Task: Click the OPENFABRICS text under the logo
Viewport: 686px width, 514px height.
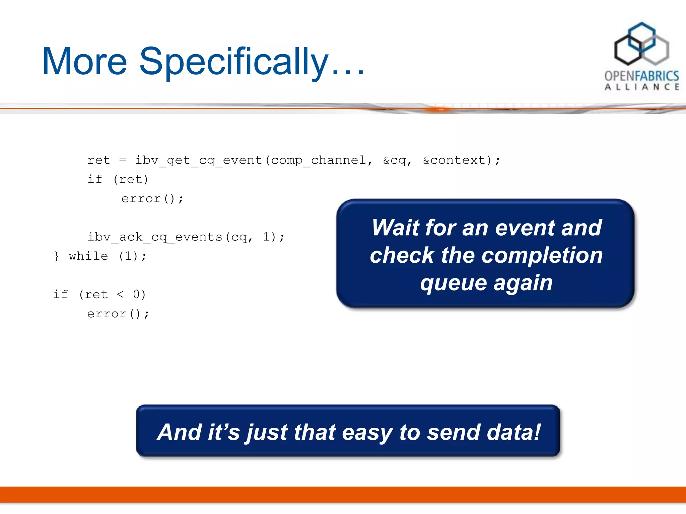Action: (x=641, y=76)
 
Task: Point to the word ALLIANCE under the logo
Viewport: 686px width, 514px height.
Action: (x=641, y=87)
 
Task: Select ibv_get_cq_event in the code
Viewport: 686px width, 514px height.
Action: (x=199, y=160)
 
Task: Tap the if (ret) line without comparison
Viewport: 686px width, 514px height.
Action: (x=118, y=180)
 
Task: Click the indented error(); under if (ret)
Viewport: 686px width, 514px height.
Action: (x=152, y=199)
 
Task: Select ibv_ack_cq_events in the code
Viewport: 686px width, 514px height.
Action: (x=155, y=237)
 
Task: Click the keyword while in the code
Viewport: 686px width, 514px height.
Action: (x=88, y=256)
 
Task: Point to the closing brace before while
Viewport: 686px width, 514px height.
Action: (x=56, y=256)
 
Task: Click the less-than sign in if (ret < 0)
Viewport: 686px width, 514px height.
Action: (x=120, y=294)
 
